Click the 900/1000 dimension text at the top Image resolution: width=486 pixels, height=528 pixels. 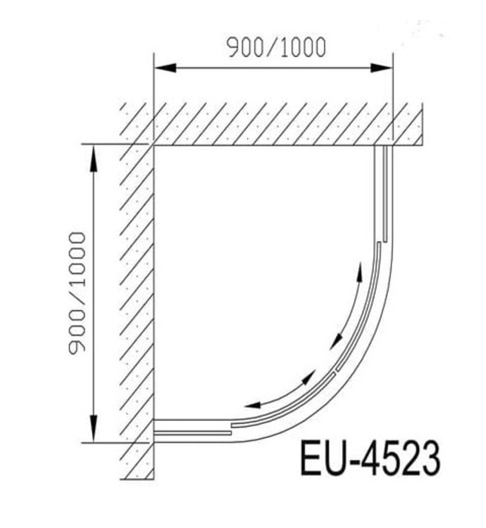tap(277, 47)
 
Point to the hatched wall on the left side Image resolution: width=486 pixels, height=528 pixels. tap(136, 302)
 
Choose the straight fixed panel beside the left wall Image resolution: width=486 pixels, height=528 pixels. tap(192, 430)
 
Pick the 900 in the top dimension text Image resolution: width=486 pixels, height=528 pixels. tap(243, 47)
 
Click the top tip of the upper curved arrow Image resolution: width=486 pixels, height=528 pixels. tap(359, 270)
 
